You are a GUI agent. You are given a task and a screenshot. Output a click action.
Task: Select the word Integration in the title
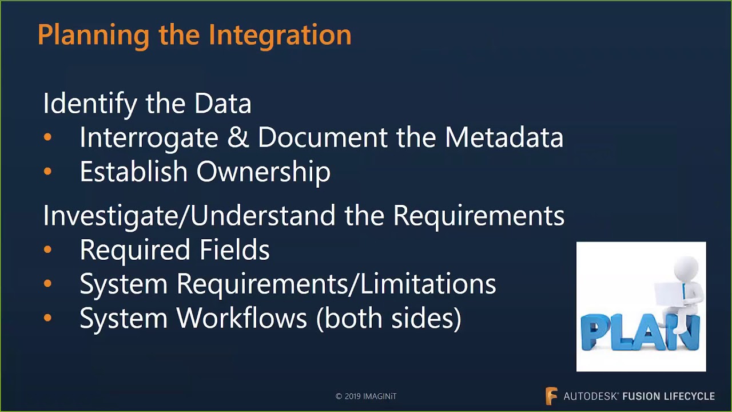tap(280, 35)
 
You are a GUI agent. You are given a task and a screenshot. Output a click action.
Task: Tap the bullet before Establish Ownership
tap(47, 172)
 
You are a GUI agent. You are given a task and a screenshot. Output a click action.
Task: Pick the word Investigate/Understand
tap(189, 216)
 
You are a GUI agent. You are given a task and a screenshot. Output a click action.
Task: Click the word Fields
tap(234, 250)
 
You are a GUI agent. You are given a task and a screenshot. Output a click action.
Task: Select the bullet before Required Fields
tap(47, 249)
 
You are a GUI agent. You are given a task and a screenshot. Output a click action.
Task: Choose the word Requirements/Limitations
tap(336, 284)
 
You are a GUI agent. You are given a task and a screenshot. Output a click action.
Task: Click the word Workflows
tap(242, 318)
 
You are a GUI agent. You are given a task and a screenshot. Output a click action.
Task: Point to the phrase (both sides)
tap(389, 318)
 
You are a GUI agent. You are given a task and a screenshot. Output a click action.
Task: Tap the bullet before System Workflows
tap(47, 318)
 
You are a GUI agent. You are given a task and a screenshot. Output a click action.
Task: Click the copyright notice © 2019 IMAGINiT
tap(366, 396)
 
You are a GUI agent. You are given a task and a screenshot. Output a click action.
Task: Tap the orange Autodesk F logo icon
tap(551, 396)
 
